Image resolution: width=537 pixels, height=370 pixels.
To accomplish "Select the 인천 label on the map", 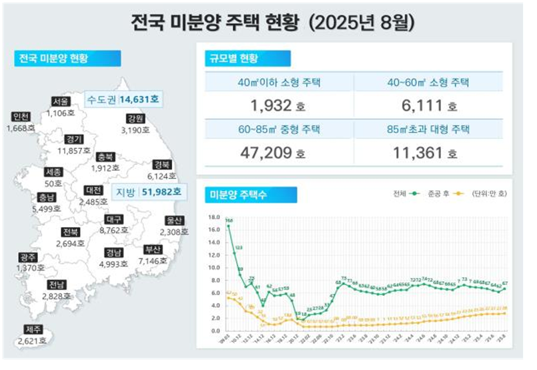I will point(21,117).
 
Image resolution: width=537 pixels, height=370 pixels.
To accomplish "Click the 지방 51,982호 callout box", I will point(148,192).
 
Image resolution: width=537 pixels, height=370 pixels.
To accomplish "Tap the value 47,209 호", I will point(273,153).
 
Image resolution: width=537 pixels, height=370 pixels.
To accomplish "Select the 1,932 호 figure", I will point(273,105).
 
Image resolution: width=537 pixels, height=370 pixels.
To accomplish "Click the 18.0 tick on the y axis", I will point(213,218).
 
